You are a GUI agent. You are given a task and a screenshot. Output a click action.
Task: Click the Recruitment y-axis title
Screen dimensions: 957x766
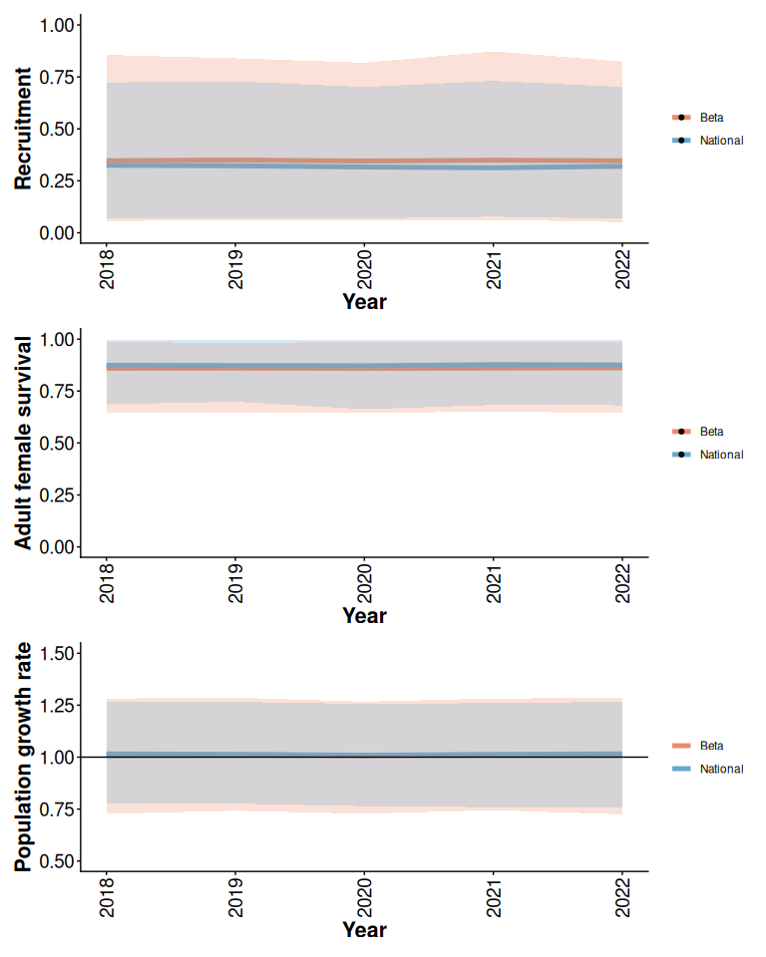[23, 129]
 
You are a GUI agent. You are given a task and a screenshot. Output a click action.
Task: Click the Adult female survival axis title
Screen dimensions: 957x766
[23, 442]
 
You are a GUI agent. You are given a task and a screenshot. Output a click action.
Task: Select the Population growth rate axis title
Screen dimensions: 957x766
[23, 757]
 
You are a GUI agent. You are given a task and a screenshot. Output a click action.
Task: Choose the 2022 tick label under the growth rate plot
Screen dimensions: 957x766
[622, 896]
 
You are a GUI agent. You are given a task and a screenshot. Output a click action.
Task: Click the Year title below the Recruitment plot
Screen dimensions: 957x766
[364, 302]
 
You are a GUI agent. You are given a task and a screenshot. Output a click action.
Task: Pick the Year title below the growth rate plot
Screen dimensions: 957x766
[364, 930]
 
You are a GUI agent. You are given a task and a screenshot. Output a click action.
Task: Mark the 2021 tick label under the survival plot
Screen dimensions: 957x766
[494, 582]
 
